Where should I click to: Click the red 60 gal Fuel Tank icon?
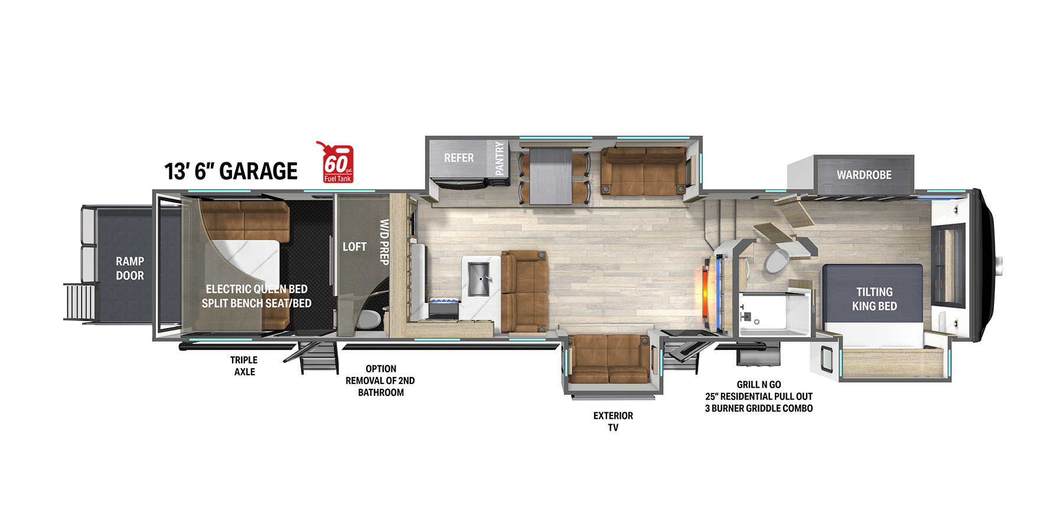[x=337, y=162]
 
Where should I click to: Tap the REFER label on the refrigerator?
[x=459, y=158]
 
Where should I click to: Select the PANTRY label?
[x=500, y=158]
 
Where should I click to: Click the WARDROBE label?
[x=864, y=175]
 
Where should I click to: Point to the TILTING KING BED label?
[x=874, y=299]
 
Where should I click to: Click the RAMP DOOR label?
[x=130, y=268]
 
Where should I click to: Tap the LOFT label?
[x=354, y=247]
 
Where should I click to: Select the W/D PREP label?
[x=384, y=242]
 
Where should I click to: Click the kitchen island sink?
[x=479, y=279]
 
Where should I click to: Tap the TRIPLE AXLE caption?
[x=244, y=366]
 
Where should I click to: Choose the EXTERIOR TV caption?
[x=613, y=421]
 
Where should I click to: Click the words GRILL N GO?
[x=759, y=385]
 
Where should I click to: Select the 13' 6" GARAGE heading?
[x=231, y=171]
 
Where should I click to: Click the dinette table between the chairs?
[x=551, y=176]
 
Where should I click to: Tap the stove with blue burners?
[x=444, y=308]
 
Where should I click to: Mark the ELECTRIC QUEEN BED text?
[x=256, y=289]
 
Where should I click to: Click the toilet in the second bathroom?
[x=369, y=319]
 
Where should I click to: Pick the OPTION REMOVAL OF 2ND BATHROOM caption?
[x=380, y=381]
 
